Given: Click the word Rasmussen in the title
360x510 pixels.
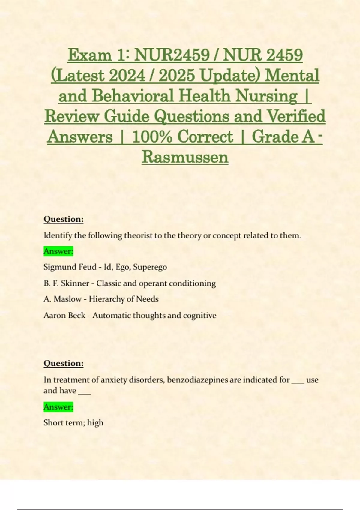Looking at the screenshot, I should (x=185, y=157).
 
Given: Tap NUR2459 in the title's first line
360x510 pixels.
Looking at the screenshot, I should (x=172, y=55).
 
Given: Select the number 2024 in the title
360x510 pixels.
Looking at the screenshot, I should (x=127, y=76).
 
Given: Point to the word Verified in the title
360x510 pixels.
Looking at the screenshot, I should (x=296, y=116).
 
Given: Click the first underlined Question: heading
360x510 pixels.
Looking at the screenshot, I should (x=64, y=219).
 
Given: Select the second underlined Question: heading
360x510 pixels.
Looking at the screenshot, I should (x=64, y=363).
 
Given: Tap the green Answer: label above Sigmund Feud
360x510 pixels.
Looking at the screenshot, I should (x=58, y=251).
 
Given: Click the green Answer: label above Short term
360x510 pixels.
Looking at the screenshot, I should (x=58, y=407).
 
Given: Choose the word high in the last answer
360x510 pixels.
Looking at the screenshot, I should (x=95, y=423).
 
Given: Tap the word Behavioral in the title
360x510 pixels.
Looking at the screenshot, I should (x=133, y=96).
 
